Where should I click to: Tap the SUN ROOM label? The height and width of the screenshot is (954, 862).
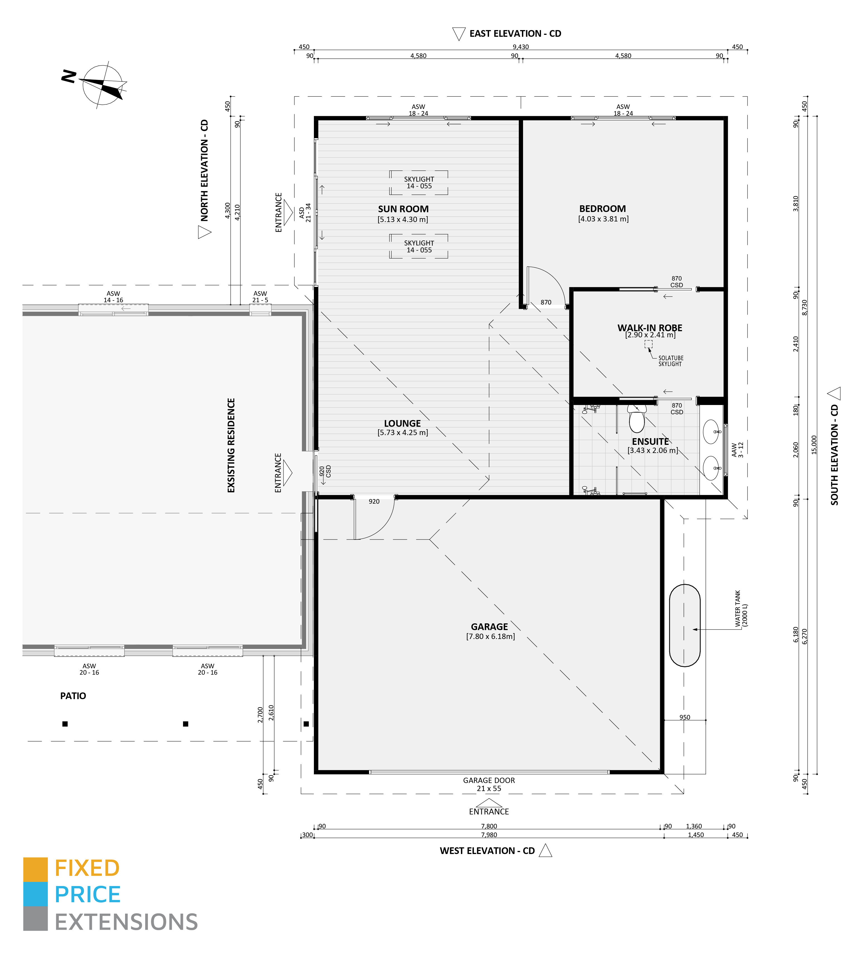tap(403, 209)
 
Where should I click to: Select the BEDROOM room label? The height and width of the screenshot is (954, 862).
tap(602, 209)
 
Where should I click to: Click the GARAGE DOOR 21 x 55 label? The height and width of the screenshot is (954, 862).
tap(489, 784)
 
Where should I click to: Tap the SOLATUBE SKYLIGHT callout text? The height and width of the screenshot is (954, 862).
tap(670, 361)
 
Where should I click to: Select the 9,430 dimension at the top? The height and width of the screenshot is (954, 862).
tap(521, 47)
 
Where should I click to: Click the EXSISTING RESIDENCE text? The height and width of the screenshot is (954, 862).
tap(231, 445)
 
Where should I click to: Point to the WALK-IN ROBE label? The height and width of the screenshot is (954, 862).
tap(649, 328)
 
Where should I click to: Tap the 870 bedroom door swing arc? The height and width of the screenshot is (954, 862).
tap(549, 284)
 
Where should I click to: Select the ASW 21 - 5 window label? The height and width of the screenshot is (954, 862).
tap(260, 297)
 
